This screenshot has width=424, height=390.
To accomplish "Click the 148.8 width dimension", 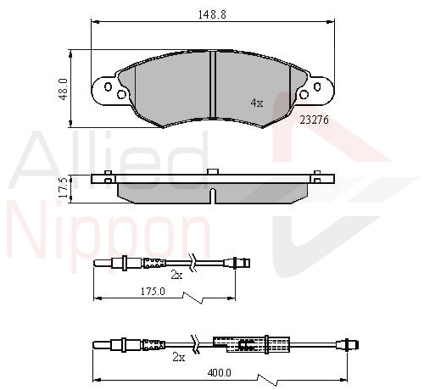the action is pos(212,14).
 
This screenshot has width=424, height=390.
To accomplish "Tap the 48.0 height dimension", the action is pos(63,89).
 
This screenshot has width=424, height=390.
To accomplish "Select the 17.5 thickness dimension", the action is pos(63,187).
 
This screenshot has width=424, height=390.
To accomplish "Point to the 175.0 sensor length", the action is pos(153,291).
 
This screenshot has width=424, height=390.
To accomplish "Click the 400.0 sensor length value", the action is pos(220,373).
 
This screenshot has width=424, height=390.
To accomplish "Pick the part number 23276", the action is pos(315,120).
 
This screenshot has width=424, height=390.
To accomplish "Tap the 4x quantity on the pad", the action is pos(257,103).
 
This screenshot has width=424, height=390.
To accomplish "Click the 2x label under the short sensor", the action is pos(176,275).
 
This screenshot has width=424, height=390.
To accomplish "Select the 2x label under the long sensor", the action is pos(179,358).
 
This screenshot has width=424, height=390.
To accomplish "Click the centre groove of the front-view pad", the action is pos(213,84).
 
